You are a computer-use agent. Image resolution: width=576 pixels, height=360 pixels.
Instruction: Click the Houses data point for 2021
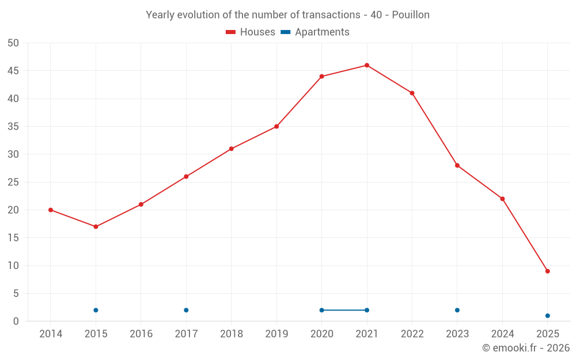click(x=367, y=65)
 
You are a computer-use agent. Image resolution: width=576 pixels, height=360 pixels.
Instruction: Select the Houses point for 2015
click(x=96, y=226)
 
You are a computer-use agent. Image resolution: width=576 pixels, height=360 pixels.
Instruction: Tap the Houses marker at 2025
click(x=548, y=271)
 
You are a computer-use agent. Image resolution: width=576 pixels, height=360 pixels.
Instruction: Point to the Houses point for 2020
click(x=321, y=76)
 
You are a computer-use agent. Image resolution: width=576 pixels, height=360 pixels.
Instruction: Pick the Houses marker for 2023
click(x=457, y=165)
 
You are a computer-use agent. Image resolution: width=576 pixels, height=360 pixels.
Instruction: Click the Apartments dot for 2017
click(x=186, y=310)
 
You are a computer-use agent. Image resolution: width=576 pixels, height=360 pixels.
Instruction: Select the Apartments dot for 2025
click(x=548, y=316)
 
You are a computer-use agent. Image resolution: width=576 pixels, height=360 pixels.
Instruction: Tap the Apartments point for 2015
click(x=96, y=310)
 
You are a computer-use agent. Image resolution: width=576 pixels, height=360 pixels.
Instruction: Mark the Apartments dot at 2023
click(x=457, y=310)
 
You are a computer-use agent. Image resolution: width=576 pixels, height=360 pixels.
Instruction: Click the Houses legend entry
click(x=251, y=32)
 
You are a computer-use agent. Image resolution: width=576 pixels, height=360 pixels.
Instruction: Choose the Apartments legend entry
click(x=316, y=32)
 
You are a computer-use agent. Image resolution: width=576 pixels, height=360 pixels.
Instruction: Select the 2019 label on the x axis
click(x=276, y=334)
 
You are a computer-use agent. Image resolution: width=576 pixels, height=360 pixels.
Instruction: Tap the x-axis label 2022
click(x=412, y=334)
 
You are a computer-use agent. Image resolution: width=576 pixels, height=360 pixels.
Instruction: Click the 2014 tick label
click(x=51, y=334)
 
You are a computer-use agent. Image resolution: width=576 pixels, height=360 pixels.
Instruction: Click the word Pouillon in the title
click(x=411, y=15)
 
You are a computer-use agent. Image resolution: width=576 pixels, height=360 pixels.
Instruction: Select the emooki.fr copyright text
click(x=526, y=348)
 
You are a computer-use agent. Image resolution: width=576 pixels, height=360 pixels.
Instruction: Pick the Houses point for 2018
click(x=231, y=149)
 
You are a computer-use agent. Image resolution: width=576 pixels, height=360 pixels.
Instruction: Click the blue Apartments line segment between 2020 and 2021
click(x=344, y=310)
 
